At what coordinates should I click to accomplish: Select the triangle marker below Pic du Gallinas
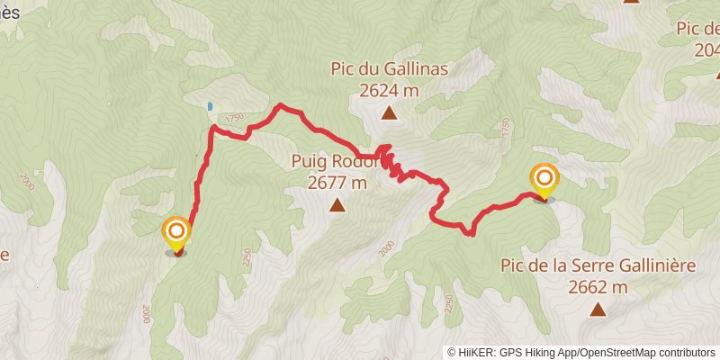click(x=389, y=112)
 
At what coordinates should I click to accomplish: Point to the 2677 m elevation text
click(x=337, y=183)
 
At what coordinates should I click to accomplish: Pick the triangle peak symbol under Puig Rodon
click(x=337, y=206)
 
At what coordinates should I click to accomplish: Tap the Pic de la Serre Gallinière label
click(x=597, y=267)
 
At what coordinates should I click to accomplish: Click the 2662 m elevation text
click(x=598, y=288)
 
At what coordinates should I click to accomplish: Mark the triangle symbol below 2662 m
click(x=598, y=310)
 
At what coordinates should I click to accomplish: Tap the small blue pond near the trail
click(x=210, y=106)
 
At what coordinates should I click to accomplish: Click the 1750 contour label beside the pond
click(x=235, y=117)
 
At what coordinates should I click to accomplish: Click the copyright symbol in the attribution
click(x=453, y=353)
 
